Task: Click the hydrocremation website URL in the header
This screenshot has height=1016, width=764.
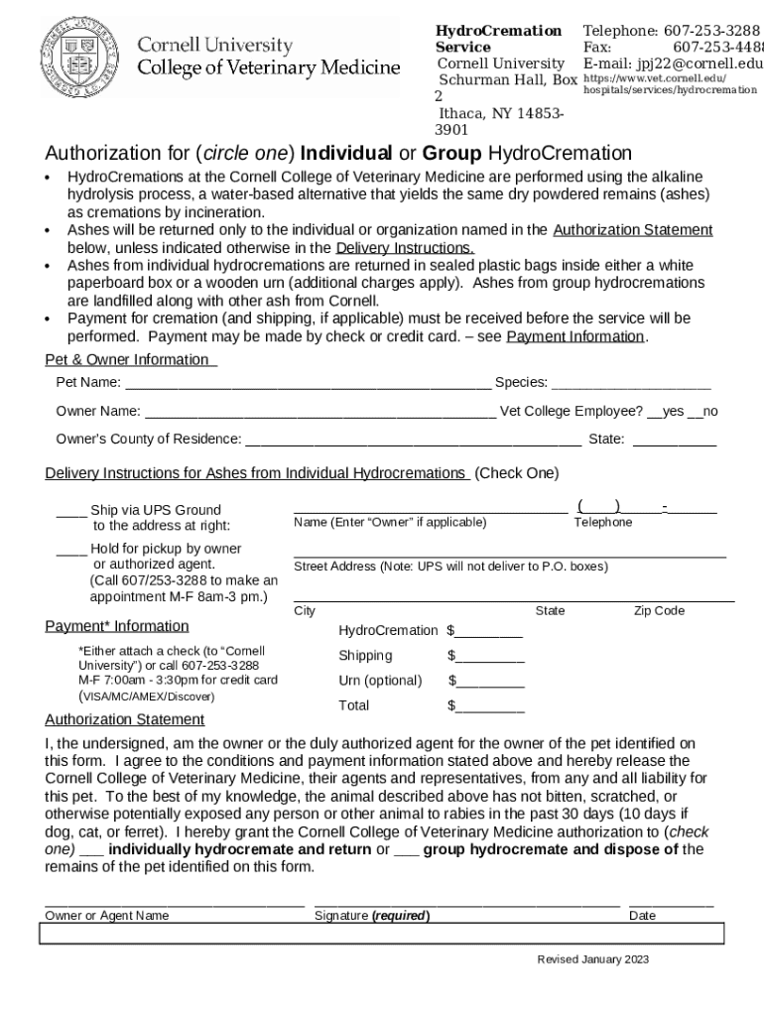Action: [x=670, y=83]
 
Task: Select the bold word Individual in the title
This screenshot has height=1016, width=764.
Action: [x=345, y=154]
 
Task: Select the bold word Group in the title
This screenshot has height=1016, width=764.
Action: [x=452, y=154]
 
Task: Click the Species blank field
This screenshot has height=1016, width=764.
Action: [x=631, y=384]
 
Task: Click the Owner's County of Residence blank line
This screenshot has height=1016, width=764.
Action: [x=413, y=441]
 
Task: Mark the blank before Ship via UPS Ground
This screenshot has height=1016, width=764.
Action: [x=70, y=512]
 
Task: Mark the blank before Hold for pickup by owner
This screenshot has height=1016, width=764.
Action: [x=70, y=550]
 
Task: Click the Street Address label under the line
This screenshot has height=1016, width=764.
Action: [x=450, y=567]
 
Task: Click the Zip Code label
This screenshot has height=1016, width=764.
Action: [x=659, y=611]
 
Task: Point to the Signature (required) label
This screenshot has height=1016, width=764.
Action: [x=372, y=916]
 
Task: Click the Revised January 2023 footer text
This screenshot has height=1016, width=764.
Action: [x=593, y=959]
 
